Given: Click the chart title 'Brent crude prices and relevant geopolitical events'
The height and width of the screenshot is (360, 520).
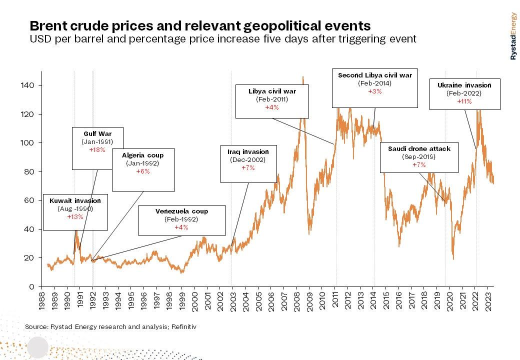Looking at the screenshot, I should point(200,26).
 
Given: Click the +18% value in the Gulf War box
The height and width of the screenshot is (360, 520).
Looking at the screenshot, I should point(97,149).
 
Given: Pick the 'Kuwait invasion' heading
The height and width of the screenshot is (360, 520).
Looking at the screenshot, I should point(75,200).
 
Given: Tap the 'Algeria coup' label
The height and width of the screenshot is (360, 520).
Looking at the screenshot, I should point(143,155).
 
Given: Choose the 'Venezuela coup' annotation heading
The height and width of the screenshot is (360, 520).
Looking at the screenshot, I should point(181,211).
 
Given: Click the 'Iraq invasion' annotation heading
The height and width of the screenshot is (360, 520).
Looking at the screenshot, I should point(248,152).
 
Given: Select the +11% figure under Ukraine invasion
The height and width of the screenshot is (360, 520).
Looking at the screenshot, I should point(464,101).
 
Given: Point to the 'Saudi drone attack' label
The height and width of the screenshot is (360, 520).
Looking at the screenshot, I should point(419,148).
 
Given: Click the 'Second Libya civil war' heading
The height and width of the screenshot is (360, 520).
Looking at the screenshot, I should point(374,75).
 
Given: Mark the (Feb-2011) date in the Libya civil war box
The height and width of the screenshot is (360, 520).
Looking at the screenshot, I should point(272,99).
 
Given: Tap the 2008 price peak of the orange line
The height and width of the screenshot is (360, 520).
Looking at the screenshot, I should point(303,77).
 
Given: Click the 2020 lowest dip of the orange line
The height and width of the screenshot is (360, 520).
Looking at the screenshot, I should point(453,258).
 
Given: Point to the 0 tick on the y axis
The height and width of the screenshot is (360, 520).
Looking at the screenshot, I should point(33,286).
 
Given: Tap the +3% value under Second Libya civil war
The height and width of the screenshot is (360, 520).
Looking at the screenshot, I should point(374,91).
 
